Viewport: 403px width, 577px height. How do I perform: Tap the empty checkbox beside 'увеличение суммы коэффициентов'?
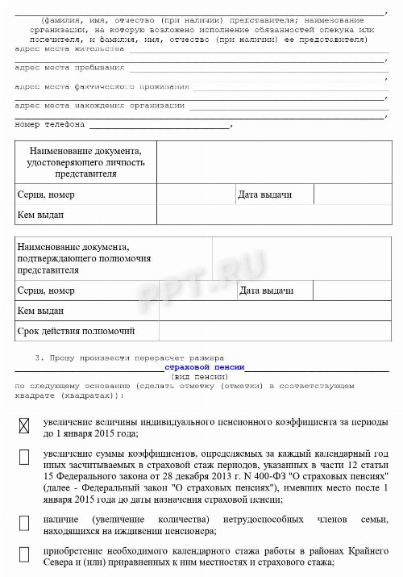pyautogui.click(x=23, y=457)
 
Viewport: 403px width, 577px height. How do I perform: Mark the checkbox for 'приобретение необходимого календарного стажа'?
pyautogui.click(x=23, y=554)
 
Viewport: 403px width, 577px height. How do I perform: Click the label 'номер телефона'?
pyautogui.click(x=50, y=125)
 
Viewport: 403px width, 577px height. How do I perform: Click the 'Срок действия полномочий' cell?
pyautogui.click(x=76, y=331)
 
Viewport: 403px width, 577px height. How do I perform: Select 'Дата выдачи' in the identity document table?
pyautogui.click(x=265, y=196)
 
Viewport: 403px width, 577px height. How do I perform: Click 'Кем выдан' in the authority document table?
pyautogui.click(x=39, y=311)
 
